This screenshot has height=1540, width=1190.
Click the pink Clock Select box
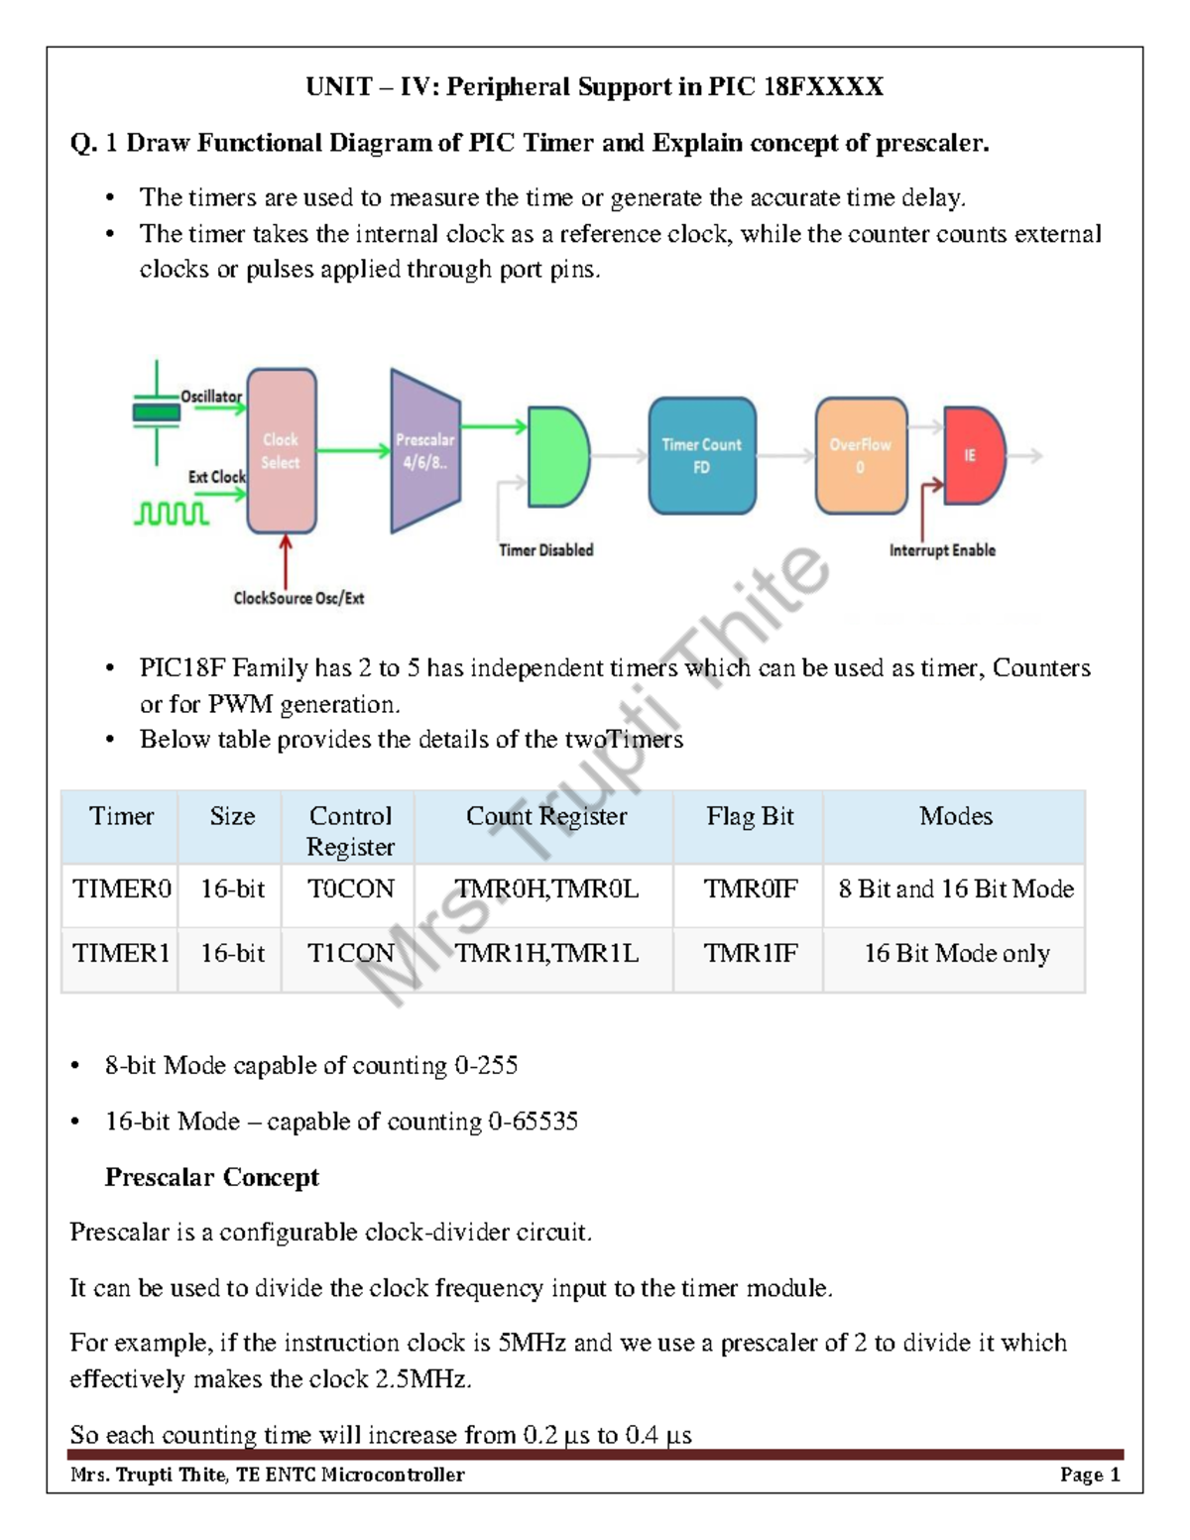point(281,451)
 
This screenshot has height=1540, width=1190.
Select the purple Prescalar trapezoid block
point(425,451)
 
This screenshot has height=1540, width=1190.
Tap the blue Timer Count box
point(702,456)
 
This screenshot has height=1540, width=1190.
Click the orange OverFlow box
point(861,456)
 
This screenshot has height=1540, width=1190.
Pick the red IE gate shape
point(972,455)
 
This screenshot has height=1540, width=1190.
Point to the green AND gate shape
point(557,456)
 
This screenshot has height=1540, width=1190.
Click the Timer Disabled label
point(545,550)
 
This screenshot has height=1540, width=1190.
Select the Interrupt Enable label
point(942,550)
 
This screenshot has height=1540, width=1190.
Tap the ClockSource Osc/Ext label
point(298,598)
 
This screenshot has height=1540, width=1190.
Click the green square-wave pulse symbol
point(172,513)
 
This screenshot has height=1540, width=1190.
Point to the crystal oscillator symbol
point(157,412)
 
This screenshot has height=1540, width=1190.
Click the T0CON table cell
point(350,888)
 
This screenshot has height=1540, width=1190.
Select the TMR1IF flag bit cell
point(750,953)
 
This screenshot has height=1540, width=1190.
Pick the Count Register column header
point(546,816)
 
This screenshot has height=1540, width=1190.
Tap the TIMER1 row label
point(121,953)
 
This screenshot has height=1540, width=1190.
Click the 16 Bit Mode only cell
point(956,953)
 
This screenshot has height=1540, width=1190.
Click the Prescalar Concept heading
point(212,1177)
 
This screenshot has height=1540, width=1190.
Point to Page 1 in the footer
point(1090,1475)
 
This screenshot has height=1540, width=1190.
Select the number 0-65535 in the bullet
point(533,1122)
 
